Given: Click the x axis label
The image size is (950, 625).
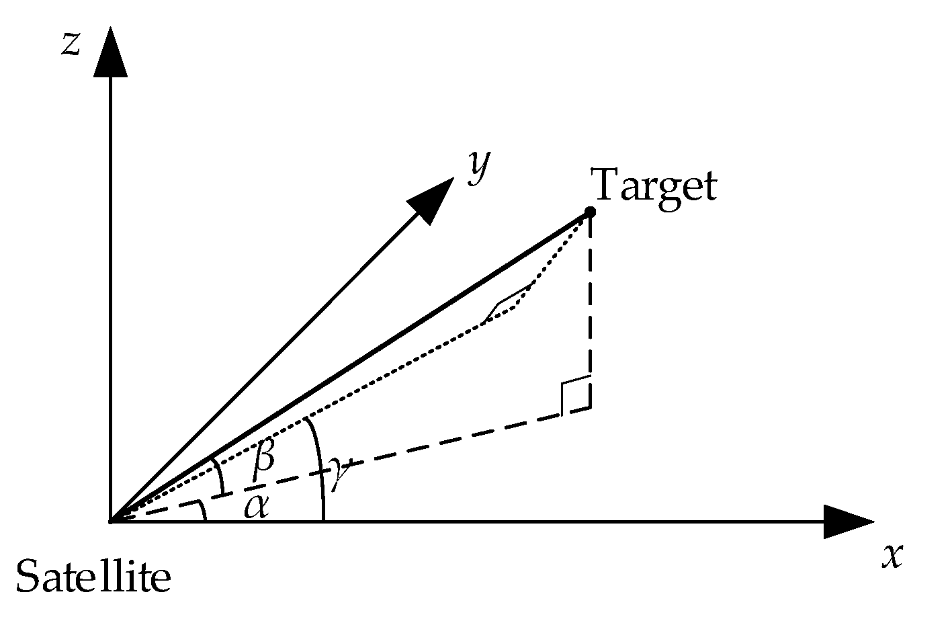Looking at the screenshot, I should (892, 556).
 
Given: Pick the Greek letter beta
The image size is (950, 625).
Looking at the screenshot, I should (264, 458).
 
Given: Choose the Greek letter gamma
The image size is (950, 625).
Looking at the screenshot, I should (339, 470).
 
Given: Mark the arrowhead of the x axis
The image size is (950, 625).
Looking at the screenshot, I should (848, 522).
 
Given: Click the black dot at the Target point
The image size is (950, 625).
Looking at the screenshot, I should (590, 212).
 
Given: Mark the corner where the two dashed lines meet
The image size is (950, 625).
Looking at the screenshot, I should (591, 408).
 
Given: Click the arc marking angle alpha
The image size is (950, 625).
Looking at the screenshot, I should (202, 511).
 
